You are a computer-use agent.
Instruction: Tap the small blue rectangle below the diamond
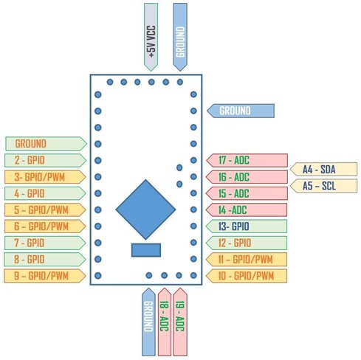coord(146,250)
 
